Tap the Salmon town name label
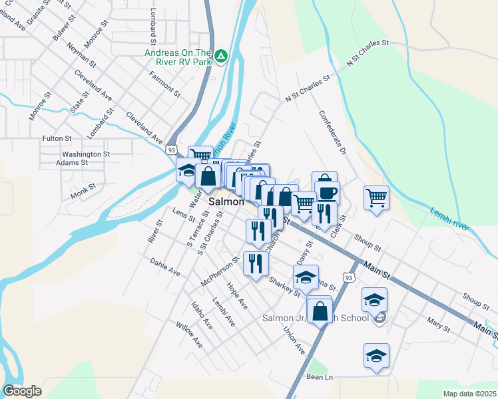[226, 200]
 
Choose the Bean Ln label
[319, 377]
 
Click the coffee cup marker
[326, 192]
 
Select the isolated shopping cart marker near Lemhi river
[376, 197]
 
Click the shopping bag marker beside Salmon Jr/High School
[320, 310]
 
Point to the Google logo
[22, 391]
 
